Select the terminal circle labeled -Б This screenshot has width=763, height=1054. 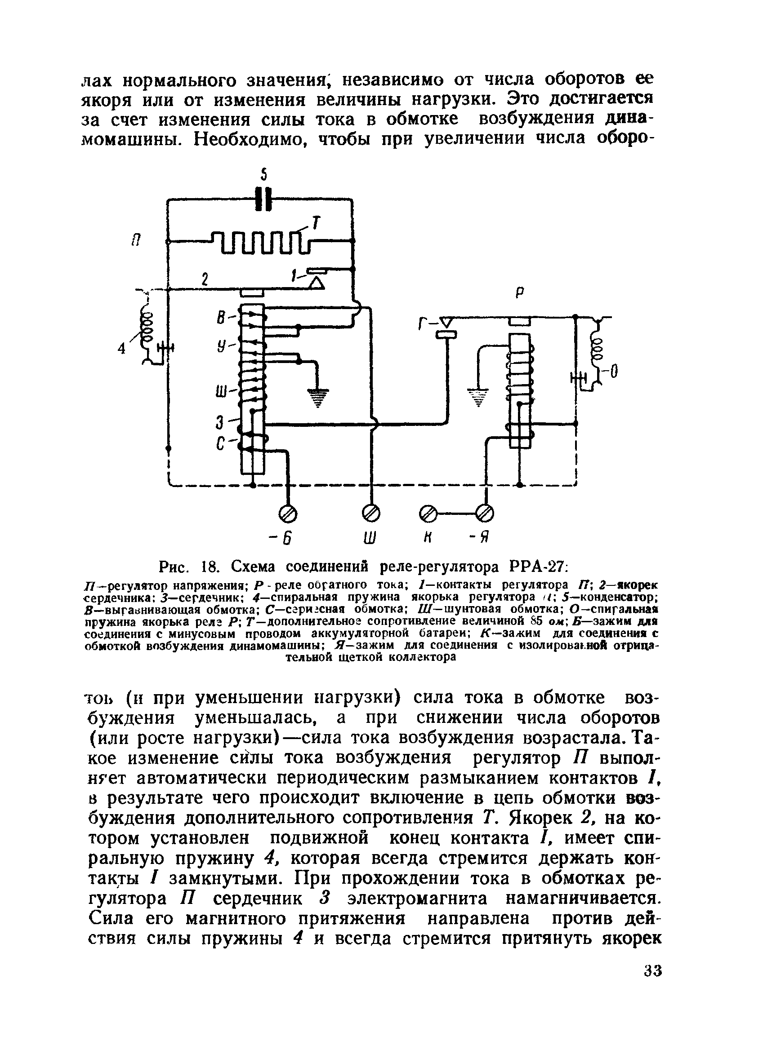(x=288, y=514)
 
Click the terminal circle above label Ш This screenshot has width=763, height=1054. (x=372, y=514)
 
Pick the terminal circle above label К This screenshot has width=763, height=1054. (x=428, y=514)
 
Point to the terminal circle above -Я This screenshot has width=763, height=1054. (x=485, y=514)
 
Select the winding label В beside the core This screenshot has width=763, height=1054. (x=222, y=319)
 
